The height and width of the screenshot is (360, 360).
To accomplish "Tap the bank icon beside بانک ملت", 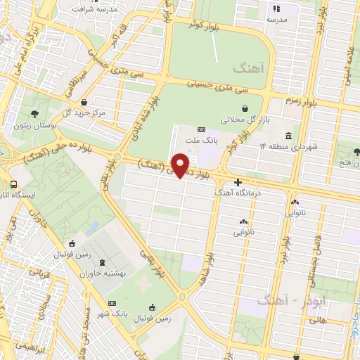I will (201, 129).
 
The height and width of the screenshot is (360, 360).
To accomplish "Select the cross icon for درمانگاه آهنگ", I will (238, 183).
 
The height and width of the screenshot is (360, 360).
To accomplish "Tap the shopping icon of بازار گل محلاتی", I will (243, 108).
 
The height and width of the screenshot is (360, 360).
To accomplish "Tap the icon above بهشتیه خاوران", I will (103, 263).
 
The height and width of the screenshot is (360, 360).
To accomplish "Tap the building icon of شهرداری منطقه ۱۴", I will (288, 136).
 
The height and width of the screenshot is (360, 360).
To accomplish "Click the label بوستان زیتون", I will (32, 126).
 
